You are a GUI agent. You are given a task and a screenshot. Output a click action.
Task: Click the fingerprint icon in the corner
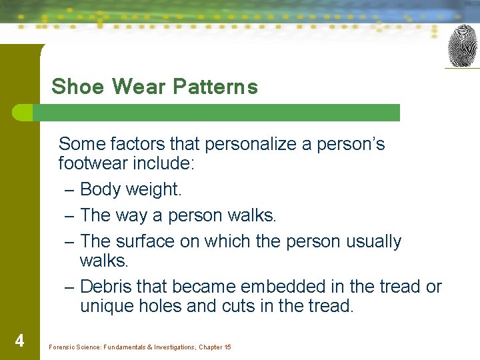462,45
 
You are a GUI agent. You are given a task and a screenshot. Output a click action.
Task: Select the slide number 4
19,341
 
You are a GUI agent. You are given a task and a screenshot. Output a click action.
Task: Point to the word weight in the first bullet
152,189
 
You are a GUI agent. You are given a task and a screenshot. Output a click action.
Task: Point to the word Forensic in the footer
63,347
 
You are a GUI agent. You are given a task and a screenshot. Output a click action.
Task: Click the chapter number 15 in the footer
227,347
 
